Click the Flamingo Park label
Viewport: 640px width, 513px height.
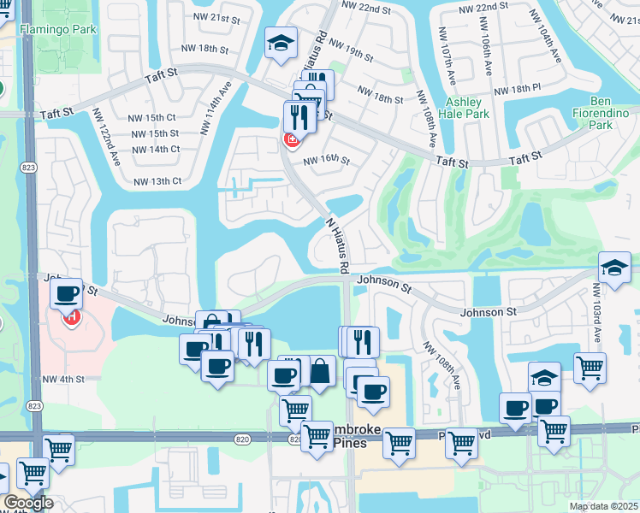point(61,29)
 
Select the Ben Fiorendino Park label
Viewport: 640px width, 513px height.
point(590,118)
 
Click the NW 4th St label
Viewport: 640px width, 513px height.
point(62,379)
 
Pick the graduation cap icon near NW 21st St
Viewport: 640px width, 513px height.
point(279,45)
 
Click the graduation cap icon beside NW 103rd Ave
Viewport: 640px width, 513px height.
point(614,268)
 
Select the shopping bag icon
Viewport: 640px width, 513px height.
point(320,372)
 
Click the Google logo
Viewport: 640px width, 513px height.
point(28,504)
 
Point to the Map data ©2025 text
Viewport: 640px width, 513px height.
point(602,506)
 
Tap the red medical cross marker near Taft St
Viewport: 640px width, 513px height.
point(292,139)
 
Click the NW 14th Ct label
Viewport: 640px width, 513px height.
point(155,149)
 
